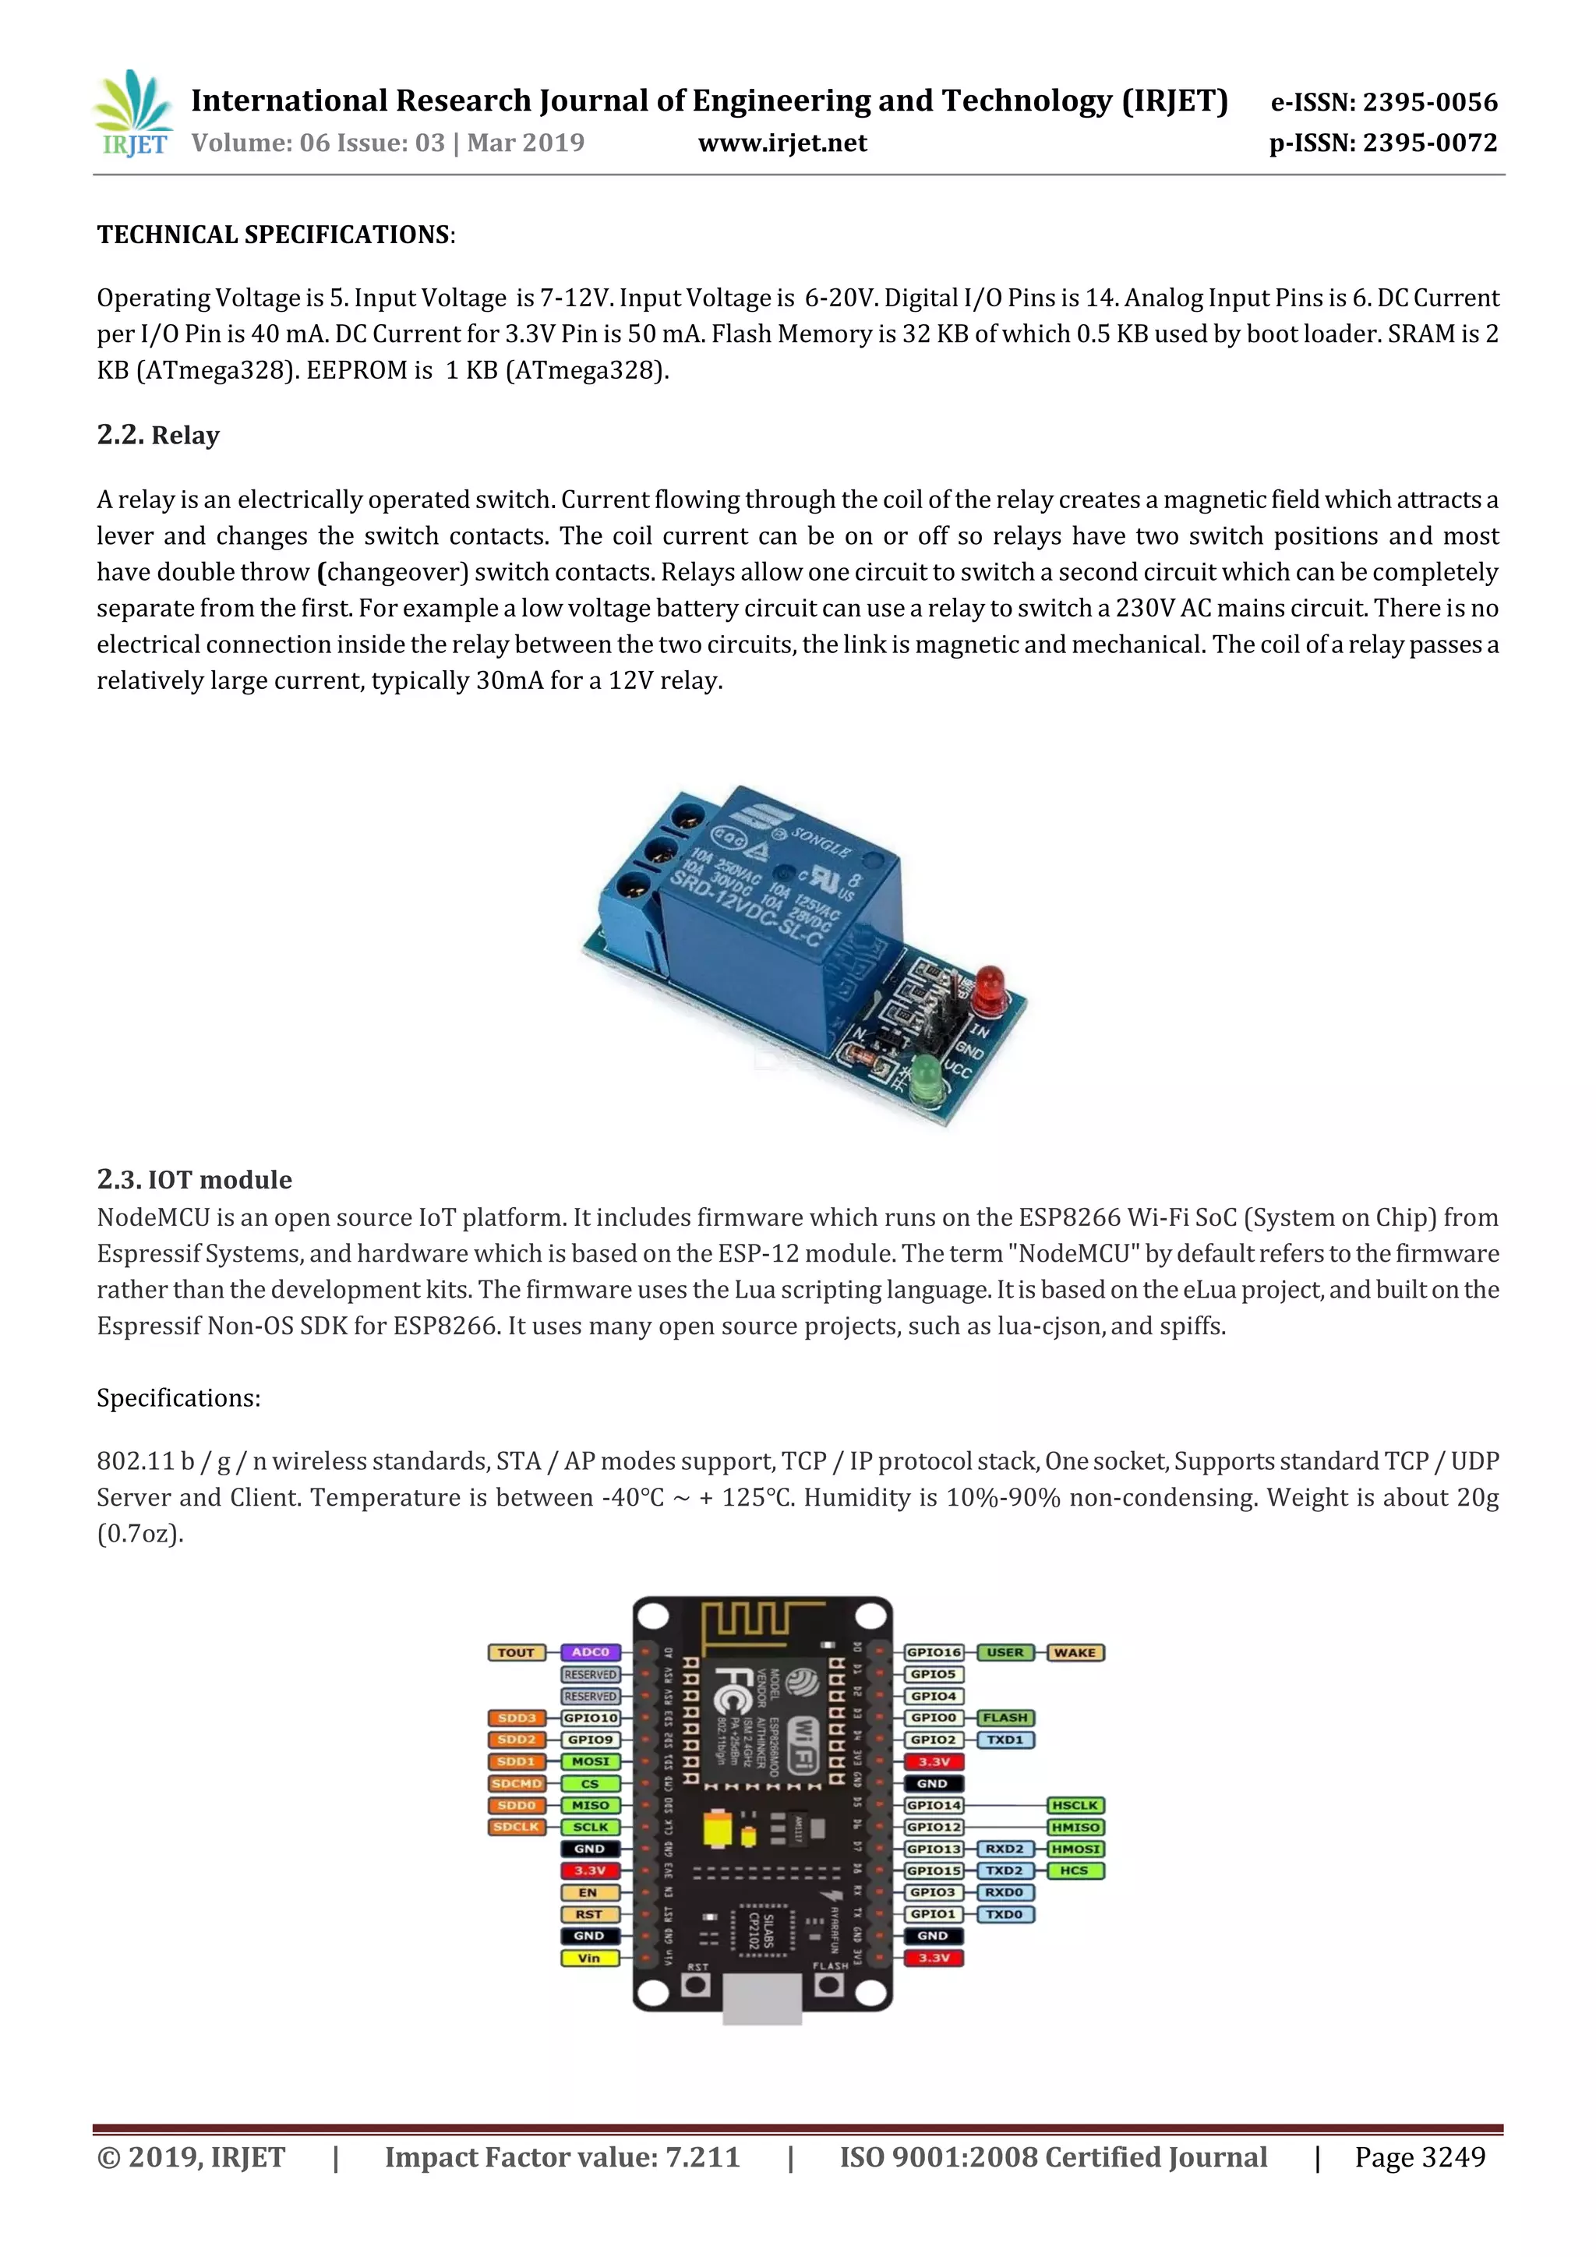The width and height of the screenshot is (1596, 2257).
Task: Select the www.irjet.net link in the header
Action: [782, 143]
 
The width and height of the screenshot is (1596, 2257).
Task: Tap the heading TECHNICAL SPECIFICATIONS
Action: [274, 235]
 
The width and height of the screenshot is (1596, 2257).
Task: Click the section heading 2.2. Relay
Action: [158, 435]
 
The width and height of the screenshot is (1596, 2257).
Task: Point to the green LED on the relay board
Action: [926, 1076]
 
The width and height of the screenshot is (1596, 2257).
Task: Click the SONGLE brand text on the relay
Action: [821, 842]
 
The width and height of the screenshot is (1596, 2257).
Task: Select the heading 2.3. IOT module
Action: [195, 1180]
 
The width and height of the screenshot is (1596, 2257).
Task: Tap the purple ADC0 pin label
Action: [591, 1652]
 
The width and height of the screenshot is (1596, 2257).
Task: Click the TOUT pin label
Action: [516, 1652]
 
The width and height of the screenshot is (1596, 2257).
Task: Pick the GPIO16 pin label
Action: [934, 1652]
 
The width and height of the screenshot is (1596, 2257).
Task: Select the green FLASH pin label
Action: [1005, 1718]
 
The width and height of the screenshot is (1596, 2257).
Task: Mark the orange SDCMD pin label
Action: [516, 1783]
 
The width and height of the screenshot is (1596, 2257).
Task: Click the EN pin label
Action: [588, 1892]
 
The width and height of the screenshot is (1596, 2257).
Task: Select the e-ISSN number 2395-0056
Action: [1430, 102]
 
